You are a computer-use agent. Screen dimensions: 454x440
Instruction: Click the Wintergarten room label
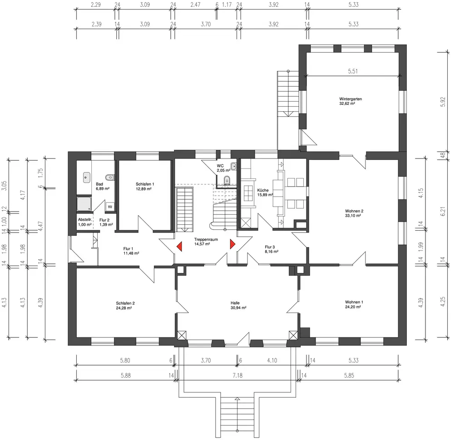click(350, 101)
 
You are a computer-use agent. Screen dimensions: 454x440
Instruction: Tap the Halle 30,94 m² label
click(238, 305)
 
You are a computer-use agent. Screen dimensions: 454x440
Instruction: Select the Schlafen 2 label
click(125, 306)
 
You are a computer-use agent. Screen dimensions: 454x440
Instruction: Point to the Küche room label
click(265, 193)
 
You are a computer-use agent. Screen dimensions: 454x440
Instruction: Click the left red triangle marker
click(179, 247)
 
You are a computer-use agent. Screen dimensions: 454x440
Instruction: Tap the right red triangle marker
click(232, 244)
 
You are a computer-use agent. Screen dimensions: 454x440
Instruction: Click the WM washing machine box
click(110, 207)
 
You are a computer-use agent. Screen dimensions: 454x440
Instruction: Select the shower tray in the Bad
click(84, 203)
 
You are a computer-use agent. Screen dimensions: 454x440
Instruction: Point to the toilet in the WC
click(227, 180)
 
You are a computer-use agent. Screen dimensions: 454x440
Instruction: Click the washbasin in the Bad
click(87, 177)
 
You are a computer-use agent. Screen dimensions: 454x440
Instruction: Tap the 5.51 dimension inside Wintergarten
click(353, 71)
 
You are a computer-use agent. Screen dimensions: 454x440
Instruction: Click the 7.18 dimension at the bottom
click(237, 376)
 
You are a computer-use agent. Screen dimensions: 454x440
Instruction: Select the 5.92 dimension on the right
click(442, 102)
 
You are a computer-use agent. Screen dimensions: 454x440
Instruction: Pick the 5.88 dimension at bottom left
click(126, 376)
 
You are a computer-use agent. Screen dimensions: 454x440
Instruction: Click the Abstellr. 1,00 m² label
click(85, 222)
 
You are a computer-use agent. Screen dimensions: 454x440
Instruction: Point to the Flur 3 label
click(271, 249)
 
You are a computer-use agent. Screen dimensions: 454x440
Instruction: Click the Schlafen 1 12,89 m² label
click(145, 186)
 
